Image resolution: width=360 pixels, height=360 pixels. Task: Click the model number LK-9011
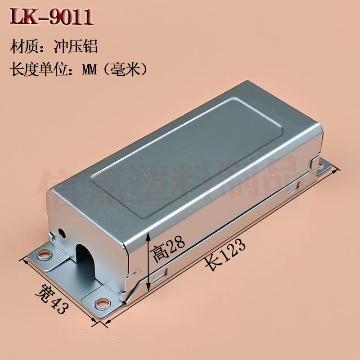click(52, 17)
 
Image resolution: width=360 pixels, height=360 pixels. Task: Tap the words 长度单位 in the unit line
click(37, 70)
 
